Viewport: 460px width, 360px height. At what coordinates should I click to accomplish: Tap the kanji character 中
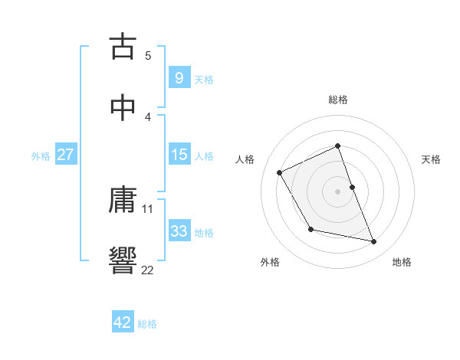coord(123,107)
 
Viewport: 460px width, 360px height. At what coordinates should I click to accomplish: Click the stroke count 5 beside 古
coord(148,55)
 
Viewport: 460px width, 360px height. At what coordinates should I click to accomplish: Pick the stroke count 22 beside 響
coord(148,270)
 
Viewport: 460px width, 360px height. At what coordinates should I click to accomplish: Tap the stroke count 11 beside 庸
coord(148,208)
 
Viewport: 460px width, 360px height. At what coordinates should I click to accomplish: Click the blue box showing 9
coord(179,77)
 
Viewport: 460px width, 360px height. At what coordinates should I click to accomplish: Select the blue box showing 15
coord(179,155)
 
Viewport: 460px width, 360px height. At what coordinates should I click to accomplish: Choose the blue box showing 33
coord(179,231)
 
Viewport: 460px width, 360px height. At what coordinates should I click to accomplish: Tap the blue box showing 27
coord(65,155)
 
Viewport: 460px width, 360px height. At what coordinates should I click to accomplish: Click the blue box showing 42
coord(123,322)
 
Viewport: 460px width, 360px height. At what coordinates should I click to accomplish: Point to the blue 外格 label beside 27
coord(41,156)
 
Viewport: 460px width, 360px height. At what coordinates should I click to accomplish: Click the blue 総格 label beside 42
coord(147,324)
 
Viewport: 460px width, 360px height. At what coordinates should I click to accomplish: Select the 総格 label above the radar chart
coord(338,100)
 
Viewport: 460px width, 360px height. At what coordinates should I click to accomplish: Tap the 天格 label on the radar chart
coord(432,159)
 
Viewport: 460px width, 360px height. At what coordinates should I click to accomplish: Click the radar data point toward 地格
coord(374,242)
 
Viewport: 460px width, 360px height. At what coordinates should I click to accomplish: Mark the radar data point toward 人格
coord(280,172)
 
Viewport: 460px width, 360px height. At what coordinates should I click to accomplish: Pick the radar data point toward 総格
coord(338,146)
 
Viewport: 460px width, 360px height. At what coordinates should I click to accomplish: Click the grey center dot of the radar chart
coord(338,191)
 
